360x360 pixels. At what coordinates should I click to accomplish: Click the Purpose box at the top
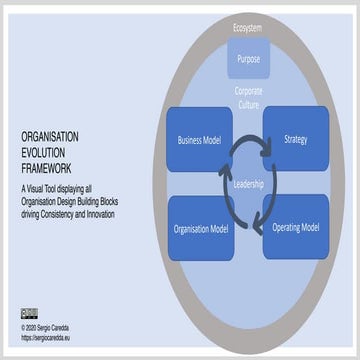(x=248, y=59)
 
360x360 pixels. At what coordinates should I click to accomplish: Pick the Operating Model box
(x=296, y=227)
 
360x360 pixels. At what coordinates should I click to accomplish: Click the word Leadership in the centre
(x=248, y=185)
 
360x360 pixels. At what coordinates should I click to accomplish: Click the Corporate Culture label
(x=248, y=97)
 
